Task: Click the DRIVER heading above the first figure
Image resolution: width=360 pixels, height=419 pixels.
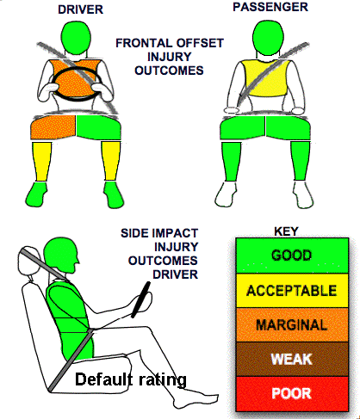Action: [80, 9]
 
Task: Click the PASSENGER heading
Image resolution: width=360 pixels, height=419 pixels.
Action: [270, 7]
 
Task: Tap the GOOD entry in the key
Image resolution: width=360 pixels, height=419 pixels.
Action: [292, 256]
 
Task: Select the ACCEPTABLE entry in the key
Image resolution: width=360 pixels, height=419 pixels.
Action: [292, 291]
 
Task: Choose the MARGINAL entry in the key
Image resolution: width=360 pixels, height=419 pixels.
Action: [292, 324]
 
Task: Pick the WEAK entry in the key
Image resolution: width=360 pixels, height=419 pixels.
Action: [292, 359]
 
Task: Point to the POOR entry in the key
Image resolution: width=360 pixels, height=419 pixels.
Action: [292, 393]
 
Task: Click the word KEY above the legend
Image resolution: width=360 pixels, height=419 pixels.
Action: [286, 231]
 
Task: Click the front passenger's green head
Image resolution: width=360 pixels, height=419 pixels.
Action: [269, 38]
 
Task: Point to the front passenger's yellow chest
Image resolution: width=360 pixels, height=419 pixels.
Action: [266, 78]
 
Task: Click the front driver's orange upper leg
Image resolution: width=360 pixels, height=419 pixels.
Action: [53, 126]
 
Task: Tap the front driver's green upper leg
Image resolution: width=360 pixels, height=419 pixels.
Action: [98, 127]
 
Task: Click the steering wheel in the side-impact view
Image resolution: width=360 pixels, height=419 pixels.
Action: [141, 300]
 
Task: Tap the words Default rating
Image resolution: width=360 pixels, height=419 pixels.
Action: [131, 379]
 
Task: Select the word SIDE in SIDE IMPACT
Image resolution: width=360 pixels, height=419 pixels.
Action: [133, 233]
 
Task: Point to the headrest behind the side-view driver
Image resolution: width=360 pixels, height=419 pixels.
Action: [28, 262]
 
